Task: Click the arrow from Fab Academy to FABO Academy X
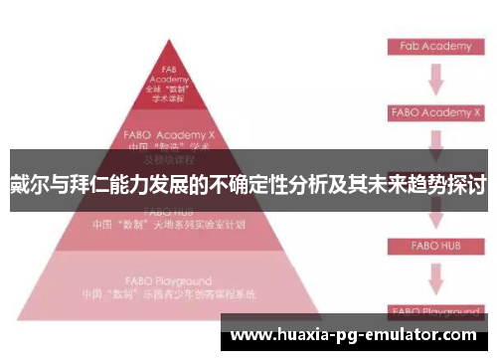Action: (x=434, y=79)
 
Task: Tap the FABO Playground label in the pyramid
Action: (x=168, y=281)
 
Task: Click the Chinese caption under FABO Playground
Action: (x=168, y=295)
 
